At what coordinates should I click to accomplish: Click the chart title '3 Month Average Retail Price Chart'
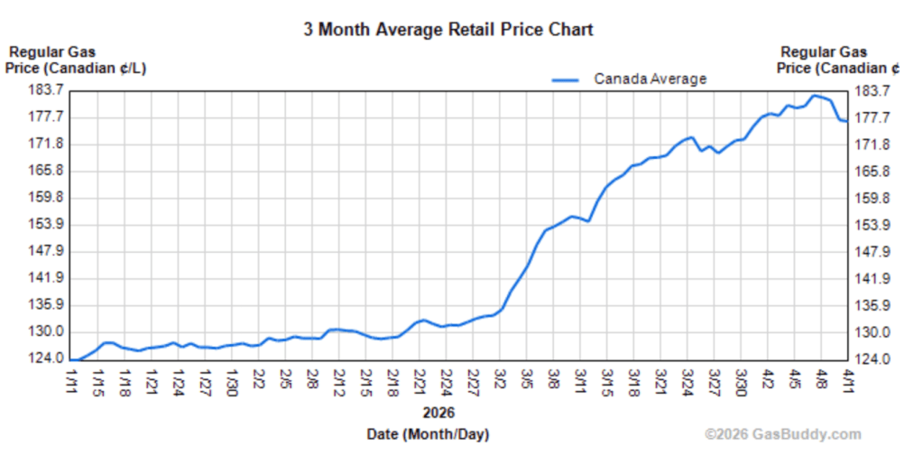click(448, 30)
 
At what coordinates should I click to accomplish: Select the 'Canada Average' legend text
click(650, 79)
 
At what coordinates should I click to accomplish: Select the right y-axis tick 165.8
click(872, 172)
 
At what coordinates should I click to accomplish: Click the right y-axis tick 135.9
click(872, 305)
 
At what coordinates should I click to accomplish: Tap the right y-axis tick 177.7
click(872, 117)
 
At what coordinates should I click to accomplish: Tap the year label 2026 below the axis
click(438, 413)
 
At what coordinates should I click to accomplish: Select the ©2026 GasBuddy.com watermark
click(782, 434)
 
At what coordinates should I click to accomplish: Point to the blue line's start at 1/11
click(73, 359)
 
